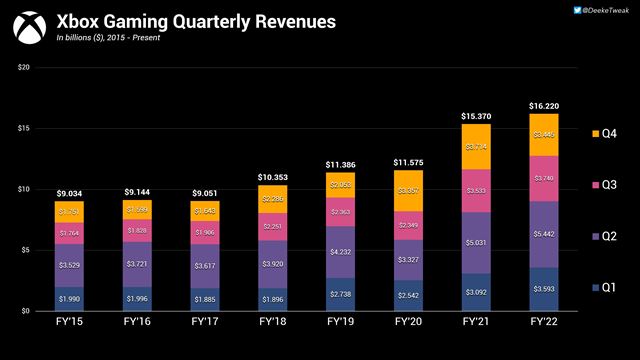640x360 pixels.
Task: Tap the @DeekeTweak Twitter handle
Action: tap(603, 10)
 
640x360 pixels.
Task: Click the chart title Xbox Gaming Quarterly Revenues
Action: tap(195, 21)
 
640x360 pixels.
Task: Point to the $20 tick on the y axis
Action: tap(24, 67)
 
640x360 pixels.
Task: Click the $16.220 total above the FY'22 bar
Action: tap(544, 105)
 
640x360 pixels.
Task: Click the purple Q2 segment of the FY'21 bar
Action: tap(476, 242)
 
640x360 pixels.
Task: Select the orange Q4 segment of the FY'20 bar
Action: tap(408, 191)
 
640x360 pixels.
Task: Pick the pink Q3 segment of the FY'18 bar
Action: tap(272, 226)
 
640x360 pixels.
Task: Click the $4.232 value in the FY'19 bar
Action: tap(341, 252)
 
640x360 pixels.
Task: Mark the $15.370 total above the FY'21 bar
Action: tap(476, 116)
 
